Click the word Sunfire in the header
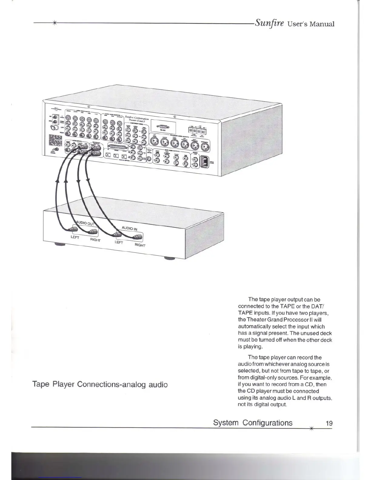tap(269, 23)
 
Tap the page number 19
tap(329, 423)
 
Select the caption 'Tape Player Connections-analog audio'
tap(100, 385)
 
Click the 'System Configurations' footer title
tap(253, 423)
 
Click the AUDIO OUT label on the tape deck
tap(85, 223)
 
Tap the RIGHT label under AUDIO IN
tap(140, 245)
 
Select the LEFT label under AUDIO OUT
tap(75, 237)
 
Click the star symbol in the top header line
tap(55, 23)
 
